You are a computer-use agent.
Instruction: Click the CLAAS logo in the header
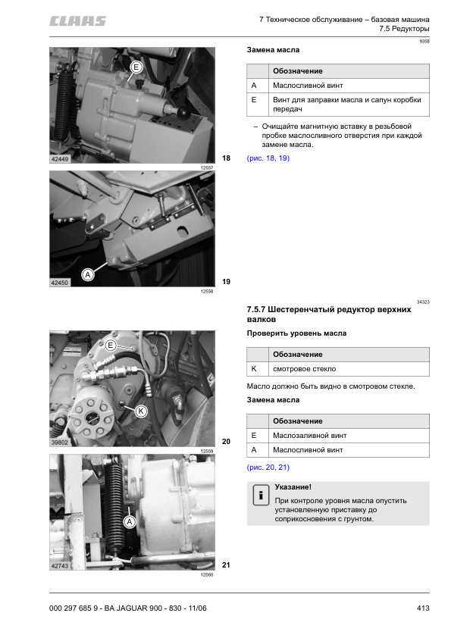[77, 21]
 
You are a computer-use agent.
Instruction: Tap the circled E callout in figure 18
[136, 67]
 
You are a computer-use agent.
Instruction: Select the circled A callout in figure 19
[87, 275]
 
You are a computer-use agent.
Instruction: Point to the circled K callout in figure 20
[141, 411]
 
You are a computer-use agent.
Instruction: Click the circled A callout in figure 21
[130, 521]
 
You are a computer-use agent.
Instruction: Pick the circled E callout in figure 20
[111, 346]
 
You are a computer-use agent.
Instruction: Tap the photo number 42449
[60, 158]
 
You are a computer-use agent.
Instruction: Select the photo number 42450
[60, 283]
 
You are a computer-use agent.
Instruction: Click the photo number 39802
[60, 443]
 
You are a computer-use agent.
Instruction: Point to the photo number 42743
[60, 566]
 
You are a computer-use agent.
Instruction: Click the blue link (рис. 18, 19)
[268, 158]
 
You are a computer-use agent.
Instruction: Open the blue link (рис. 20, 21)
[268, 468]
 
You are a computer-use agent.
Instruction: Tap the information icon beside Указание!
[261, 496]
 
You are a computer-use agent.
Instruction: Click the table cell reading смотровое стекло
[305, 369]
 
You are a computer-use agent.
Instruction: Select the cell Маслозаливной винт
[310, 436]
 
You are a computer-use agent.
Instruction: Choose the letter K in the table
[254, 369]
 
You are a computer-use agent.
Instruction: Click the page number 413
[423, 608]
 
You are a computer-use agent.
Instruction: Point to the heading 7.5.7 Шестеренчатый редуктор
[329, 314]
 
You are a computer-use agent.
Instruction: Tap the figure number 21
[227, 565]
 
